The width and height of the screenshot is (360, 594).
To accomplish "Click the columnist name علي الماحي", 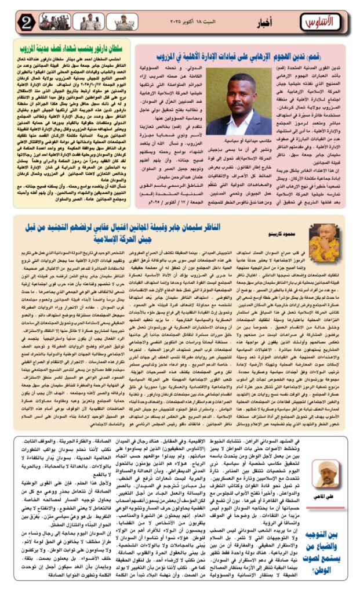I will pos(326,496).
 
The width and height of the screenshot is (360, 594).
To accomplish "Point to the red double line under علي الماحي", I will pos(326,503).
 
